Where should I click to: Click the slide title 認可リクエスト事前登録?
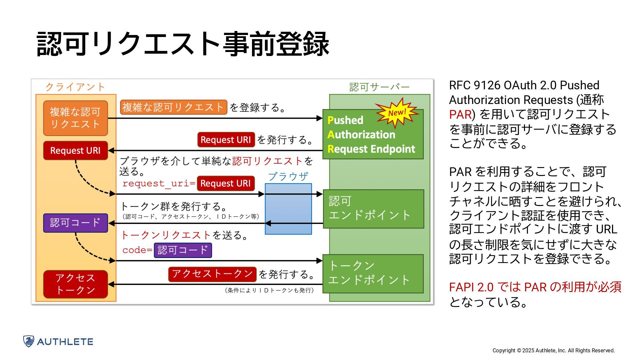(x=183, y=44)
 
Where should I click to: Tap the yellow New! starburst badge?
(x=397, y=113)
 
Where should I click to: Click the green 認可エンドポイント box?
(x=373, y=209)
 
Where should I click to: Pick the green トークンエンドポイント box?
(x=373, y=274)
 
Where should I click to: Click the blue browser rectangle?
(x=288, y=209)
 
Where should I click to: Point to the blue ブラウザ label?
(x=288, y=176)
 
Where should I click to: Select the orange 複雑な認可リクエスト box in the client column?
(x=75, y=118)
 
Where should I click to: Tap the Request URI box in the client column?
(x=75, y=151)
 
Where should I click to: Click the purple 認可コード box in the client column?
(x=75, y=223)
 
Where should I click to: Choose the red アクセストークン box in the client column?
(x=75, y=284)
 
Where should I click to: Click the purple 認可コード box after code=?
(x=183, y=250)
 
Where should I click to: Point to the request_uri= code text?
(x=159, y=183)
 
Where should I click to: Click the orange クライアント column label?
(x=75, y=87)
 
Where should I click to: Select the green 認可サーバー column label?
(x=379, y=87)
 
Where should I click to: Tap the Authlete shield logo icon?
(x=29, y=341)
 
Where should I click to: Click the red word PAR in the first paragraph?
(x=460, y=115)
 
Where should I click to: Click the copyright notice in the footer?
(x=553, y=350)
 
